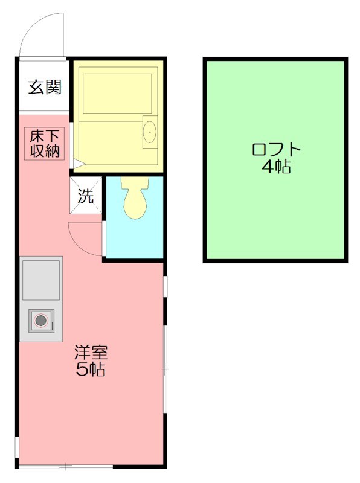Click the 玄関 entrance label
pos(45,87)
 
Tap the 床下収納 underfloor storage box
pos(45,144)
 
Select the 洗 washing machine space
pos(86,196)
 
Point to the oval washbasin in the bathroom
pos(149,131)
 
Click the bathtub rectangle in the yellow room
pos(117,94)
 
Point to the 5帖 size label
pos(91,369)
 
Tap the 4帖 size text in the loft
pos(275,167)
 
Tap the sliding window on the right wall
pos(165,368)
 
